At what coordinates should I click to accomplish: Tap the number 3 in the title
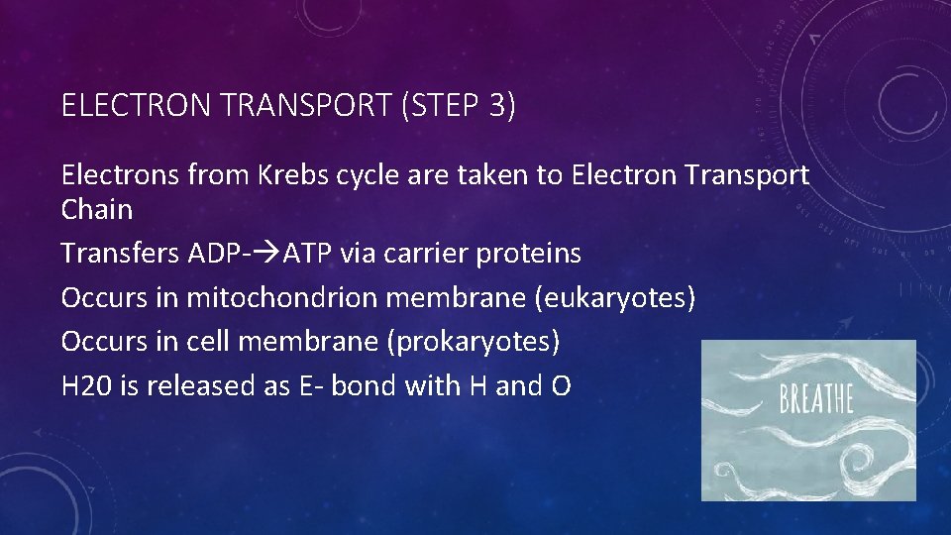tap(497, 106)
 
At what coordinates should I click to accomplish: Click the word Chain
tap(96, 209)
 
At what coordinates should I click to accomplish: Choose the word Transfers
tap(120, 254)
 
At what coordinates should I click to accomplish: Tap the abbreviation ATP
tap(308, 254)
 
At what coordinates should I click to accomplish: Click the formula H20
tap(86, 385)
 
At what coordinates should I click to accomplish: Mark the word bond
tap(362, 385)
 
